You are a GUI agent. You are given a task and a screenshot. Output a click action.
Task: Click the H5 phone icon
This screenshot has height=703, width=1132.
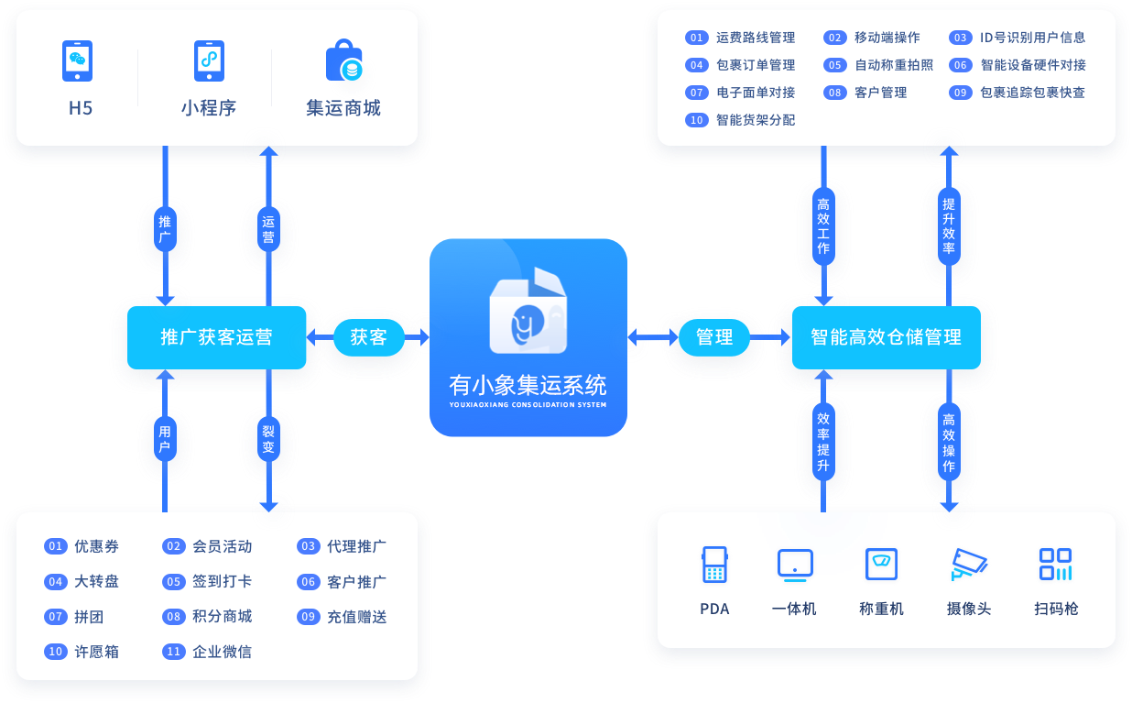[78, 61]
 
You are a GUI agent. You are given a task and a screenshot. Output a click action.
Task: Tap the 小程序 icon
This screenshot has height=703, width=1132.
[209, 61]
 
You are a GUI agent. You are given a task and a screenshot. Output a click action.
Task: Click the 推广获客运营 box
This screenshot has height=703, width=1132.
[216, 337]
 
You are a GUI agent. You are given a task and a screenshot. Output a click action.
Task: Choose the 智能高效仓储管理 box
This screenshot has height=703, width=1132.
[886, 337]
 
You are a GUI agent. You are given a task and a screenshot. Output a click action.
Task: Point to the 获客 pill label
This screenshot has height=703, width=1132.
[368, 337]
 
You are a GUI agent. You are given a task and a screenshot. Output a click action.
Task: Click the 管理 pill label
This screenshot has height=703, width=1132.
[714, 337]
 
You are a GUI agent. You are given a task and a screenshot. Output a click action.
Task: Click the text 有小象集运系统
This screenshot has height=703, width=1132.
[528, 383]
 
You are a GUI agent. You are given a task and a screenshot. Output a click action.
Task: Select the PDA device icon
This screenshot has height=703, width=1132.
[713, 565]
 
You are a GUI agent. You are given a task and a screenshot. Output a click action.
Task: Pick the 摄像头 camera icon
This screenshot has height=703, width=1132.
[969, 565]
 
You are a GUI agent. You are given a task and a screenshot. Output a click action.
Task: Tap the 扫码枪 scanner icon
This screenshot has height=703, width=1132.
[1055, 565]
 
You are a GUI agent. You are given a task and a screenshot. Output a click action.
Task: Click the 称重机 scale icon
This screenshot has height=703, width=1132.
[881, 565]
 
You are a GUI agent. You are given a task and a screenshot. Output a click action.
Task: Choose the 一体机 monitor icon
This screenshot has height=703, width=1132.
[794, 565]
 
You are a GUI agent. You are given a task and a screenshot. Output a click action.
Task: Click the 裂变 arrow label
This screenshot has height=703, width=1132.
[268, 441]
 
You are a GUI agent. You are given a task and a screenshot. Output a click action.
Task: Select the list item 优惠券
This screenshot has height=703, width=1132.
[96, 546]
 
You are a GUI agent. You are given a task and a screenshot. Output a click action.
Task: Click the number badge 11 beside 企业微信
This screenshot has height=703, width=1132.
[173, 652]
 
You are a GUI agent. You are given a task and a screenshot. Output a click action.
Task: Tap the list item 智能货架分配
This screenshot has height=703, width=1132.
[755, 120]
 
